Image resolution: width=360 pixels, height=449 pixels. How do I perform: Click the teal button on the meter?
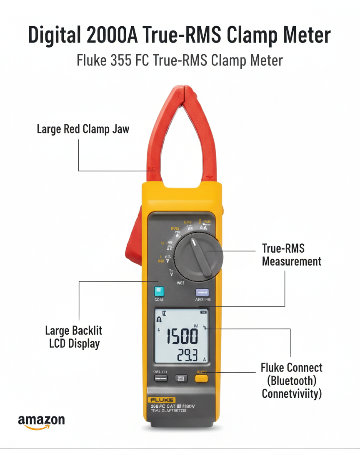coord(159,291)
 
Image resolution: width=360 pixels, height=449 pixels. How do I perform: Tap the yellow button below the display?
coord(202,379)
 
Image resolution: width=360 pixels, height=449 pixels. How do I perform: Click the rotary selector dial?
coord(199,255)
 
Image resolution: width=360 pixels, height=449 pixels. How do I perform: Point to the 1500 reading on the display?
coord(182,336)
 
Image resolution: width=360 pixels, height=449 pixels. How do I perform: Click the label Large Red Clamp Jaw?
coord(83,129)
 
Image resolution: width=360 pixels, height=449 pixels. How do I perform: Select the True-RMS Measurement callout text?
coord(291,255)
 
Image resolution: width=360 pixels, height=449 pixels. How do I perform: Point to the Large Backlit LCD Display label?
coord(74,337)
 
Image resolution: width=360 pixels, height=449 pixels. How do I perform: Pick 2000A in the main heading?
coord(113,35)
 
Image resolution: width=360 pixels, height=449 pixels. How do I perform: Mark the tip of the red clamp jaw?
coord(181,88)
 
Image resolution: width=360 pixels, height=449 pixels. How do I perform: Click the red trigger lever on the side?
coord(134,242)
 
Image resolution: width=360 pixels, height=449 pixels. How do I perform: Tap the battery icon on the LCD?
coord(203,311)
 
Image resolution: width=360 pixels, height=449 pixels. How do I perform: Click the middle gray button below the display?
coord(181,379)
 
